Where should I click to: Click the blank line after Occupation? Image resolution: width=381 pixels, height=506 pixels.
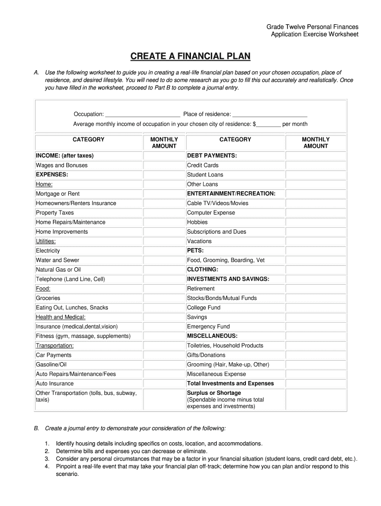coord(143,114)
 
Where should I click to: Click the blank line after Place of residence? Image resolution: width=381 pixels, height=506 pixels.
coord(270,114)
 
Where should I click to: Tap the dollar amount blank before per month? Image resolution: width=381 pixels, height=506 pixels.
coord(269,124)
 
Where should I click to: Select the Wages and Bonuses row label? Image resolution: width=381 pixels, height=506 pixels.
coord(61,166)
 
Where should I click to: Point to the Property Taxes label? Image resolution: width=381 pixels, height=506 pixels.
coord(54,213)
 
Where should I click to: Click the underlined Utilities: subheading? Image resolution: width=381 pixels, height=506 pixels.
coord(46,242)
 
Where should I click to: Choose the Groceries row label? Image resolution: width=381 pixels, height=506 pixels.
coord(48,298)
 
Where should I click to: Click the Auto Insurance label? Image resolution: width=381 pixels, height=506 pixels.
coord(54,384)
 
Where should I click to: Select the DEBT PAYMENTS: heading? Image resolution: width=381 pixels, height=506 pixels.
coord(212,156)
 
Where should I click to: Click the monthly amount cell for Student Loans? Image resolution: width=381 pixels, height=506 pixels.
coord(316,175)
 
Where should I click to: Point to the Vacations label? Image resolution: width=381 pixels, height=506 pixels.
coord(199,242)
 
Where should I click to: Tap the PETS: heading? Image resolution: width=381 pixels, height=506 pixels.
coord(195,251)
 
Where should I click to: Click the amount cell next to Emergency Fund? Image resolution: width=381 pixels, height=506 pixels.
coord(316,327)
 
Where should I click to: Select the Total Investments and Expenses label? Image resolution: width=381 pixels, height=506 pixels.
coord(230,384)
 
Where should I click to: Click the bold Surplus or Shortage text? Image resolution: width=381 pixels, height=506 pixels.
coord(214,393)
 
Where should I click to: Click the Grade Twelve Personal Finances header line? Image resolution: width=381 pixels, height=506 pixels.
coord(312,27)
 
